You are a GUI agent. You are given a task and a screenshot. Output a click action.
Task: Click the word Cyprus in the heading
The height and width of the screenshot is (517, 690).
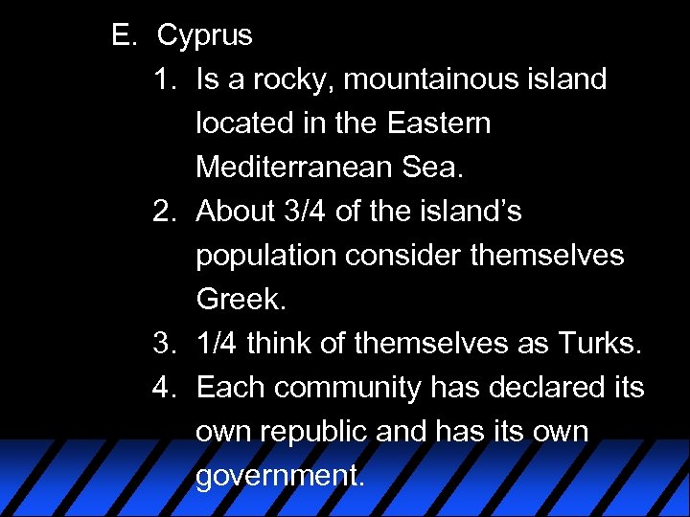(x=205, y=36)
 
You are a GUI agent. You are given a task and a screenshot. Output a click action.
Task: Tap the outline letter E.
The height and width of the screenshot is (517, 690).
(x=122, y=35)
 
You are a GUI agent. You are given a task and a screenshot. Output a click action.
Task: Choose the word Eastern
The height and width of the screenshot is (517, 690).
(x=439, y=124)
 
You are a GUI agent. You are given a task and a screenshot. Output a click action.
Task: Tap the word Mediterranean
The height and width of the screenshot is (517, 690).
(x=294, y=168)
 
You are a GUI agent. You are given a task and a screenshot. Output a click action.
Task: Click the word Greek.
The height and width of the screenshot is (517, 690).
(x=241, y=300)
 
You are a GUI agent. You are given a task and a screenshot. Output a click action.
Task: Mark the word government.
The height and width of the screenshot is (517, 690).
(x=280, y=476)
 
